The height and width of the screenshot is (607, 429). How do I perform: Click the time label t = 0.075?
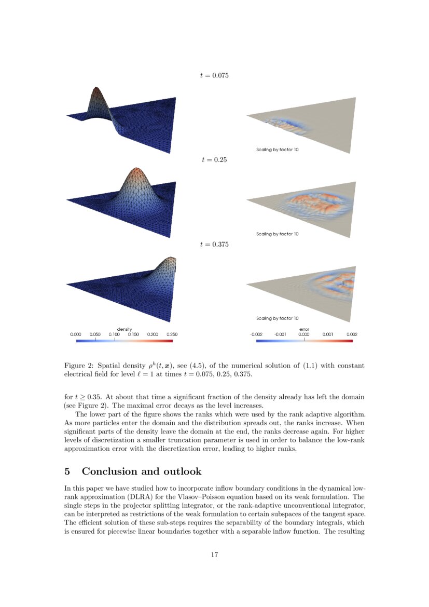coord(214,75)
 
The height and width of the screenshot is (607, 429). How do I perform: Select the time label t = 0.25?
coord(214,160)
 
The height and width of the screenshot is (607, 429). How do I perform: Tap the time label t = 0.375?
coord(214,244)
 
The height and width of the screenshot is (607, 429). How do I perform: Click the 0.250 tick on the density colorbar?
coord(171,335)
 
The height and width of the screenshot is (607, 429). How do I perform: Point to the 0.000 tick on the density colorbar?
coord(76,335)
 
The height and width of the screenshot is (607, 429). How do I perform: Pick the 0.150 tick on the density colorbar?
coord(133,335)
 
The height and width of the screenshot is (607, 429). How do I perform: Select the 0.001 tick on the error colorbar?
coord(328,335)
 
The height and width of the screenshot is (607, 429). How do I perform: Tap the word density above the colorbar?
coord(124,330)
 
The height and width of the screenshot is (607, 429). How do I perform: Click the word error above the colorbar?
coord(304,330)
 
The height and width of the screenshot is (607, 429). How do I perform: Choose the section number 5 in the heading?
coord(67,471)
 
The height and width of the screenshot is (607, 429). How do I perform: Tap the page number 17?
coord(214,555)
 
